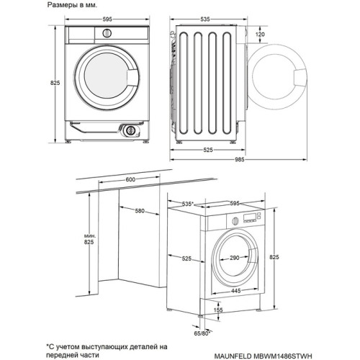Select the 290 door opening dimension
(x=235, y=258)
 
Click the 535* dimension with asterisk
(x=189, y=204)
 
